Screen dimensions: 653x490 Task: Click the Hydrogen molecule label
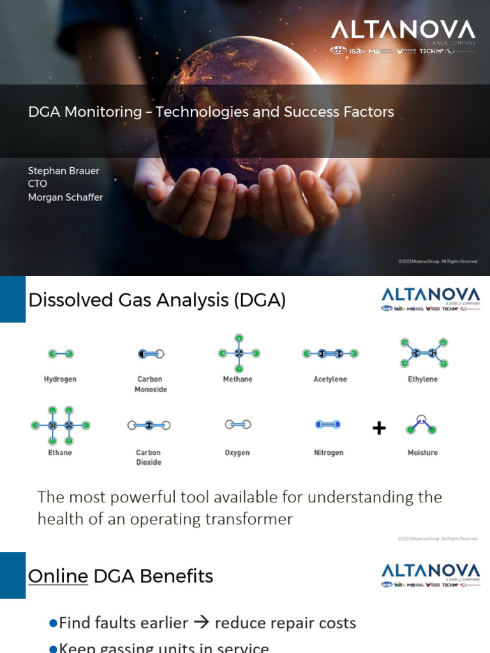point(60,379)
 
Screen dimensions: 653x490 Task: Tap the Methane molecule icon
point(239,353)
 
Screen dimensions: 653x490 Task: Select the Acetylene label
point(330,379)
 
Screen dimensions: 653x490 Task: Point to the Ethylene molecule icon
point(423,353)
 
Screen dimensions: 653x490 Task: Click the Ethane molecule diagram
point(61,425)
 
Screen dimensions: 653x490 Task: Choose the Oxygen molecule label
point(237,453)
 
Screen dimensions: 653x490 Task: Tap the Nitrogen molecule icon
point(328,424)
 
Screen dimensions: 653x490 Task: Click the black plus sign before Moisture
point(379,428)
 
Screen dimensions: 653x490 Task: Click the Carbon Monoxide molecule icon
point(151,353)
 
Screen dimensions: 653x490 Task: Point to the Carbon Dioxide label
point(149,457)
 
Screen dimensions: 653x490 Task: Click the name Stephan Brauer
point(64,171)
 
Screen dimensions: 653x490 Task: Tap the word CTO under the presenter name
point(38,184)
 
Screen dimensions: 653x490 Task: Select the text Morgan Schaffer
point(65,198)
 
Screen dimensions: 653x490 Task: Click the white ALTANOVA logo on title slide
point(403,31)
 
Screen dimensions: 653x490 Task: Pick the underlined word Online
point(58,576)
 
